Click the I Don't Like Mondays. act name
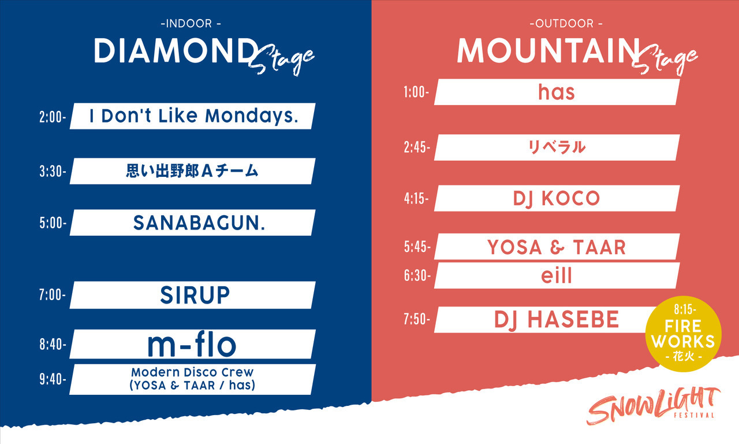194,116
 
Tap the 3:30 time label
53,172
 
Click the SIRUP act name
195,295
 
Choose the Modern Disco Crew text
192,372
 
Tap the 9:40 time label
53,379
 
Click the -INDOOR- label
191,24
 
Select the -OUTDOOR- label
566,24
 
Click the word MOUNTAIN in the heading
548,50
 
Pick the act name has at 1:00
557,92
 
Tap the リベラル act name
557,147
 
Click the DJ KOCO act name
557,198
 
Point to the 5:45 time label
417,247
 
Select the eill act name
556,276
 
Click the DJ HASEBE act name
557,320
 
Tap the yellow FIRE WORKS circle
683,334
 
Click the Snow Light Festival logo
653,406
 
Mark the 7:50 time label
417,320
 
